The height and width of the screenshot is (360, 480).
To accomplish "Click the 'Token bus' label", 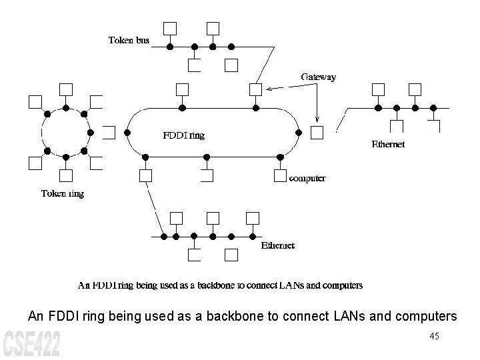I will point(129,40).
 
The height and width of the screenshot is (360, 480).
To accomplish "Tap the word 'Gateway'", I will point(319,77).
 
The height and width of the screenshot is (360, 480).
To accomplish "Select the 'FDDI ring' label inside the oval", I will point(184,135).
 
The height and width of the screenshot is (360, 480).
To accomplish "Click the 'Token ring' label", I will point(63,194).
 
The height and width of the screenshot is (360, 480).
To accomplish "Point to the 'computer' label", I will point(307,178).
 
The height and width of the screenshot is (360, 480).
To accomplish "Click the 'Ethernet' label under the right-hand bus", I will point(388,144).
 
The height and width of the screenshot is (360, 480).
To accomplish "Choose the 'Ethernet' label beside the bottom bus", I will point(277,245).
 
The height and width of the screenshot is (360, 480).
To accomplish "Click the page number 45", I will point(434,336).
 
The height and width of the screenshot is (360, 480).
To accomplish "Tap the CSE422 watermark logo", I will point(31,343).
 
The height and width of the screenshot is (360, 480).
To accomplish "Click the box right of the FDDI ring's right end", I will point(317,132).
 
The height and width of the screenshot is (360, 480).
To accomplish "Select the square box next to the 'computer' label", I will point(280,176).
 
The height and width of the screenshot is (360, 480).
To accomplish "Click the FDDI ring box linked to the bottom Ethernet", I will point(145,175).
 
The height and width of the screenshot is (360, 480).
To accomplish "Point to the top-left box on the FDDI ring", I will point(182,89).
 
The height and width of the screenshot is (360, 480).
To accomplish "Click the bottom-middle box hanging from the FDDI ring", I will point(206,176).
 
